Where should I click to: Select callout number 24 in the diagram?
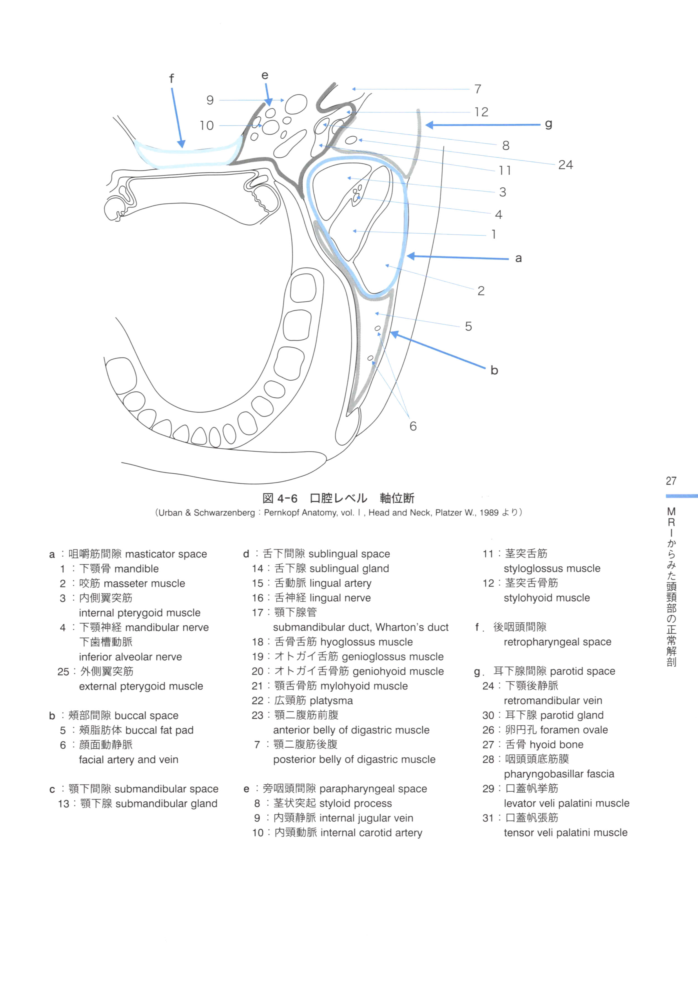coord(566,165)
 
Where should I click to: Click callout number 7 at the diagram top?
coord(478,89)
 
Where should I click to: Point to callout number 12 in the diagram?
coord(481,112)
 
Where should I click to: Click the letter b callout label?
coord(494,370)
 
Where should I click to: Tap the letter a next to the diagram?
coord(518,258)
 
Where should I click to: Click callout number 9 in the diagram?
coord(210,100)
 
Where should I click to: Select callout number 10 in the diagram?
coord(207,126)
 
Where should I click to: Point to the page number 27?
coord(671,481)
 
